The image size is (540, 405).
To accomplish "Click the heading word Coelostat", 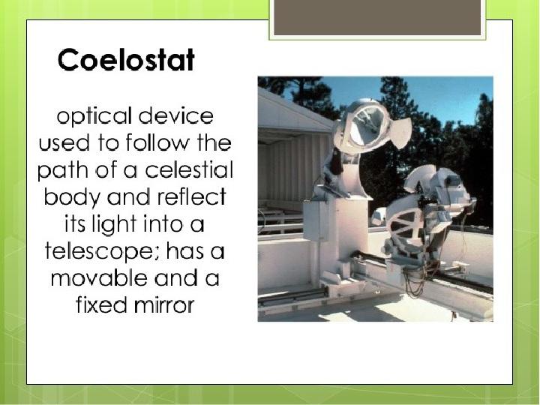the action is (126, 59).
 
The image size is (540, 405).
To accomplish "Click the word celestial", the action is (189, 169).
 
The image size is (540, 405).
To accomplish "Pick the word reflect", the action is (191, 196).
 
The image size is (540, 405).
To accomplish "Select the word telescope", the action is (103, 253).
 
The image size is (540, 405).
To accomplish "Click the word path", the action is (63, 170).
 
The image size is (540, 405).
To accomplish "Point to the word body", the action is (72, 198).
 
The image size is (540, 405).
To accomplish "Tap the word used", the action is (64, 142).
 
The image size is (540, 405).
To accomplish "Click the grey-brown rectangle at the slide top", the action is (377, 17).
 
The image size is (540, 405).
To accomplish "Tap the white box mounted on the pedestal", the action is (316, 220).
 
